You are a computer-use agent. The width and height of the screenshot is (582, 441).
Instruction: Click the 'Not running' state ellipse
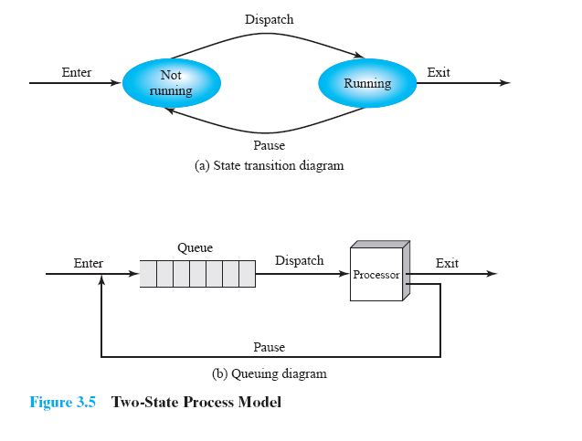click(170, 83)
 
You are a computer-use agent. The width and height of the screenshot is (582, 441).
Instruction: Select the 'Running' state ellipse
click(366, 83)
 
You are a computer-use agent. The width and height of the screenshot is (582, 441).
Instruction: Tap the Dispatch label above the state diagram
click(270, 19)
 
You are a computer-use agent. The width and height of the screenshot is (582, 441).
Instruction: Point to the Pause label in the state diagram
click(269, 145)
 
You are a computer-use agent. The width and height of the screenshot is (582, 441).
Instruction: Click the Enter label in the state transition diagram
click(76, 72)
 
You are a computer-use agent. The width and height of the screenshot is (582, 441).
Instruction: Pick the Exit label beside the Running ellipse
click(439, 72)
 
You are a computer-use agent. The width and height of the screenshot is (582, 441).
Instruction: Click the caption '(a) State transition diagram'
click(270, 166)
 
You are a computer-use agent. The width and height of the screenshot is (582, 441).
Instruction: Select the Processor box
click(376, 273)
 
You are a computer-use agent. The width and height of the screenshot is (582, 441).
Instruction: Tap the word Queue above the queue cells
click(195, 247)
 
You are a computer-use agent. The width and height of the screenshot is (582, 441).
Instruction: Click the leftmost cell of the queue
click(148, 274)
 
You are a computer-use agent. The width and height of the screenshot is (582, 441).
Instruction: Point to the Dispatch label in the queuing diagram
click(299, 260)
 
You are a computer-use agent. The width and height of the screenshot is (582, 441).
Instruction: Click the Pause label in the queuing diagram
click(269, 347)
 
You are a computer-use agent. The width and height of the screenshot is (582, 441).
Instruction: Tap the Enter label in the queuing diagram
click(89, 263)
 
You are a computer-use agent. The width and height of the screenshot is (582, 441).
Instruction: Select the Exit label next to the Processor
click(447, 263)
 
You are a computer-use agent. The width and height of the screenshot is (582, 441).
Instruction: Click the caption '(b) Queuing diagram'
click(269, 373)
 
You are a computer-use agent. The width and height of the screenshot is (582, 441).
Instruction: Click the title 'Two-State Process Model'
click(196, 403)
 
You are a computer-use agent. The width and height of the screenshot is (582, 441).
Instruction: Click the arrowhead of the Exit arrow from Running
click(504, 83)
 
